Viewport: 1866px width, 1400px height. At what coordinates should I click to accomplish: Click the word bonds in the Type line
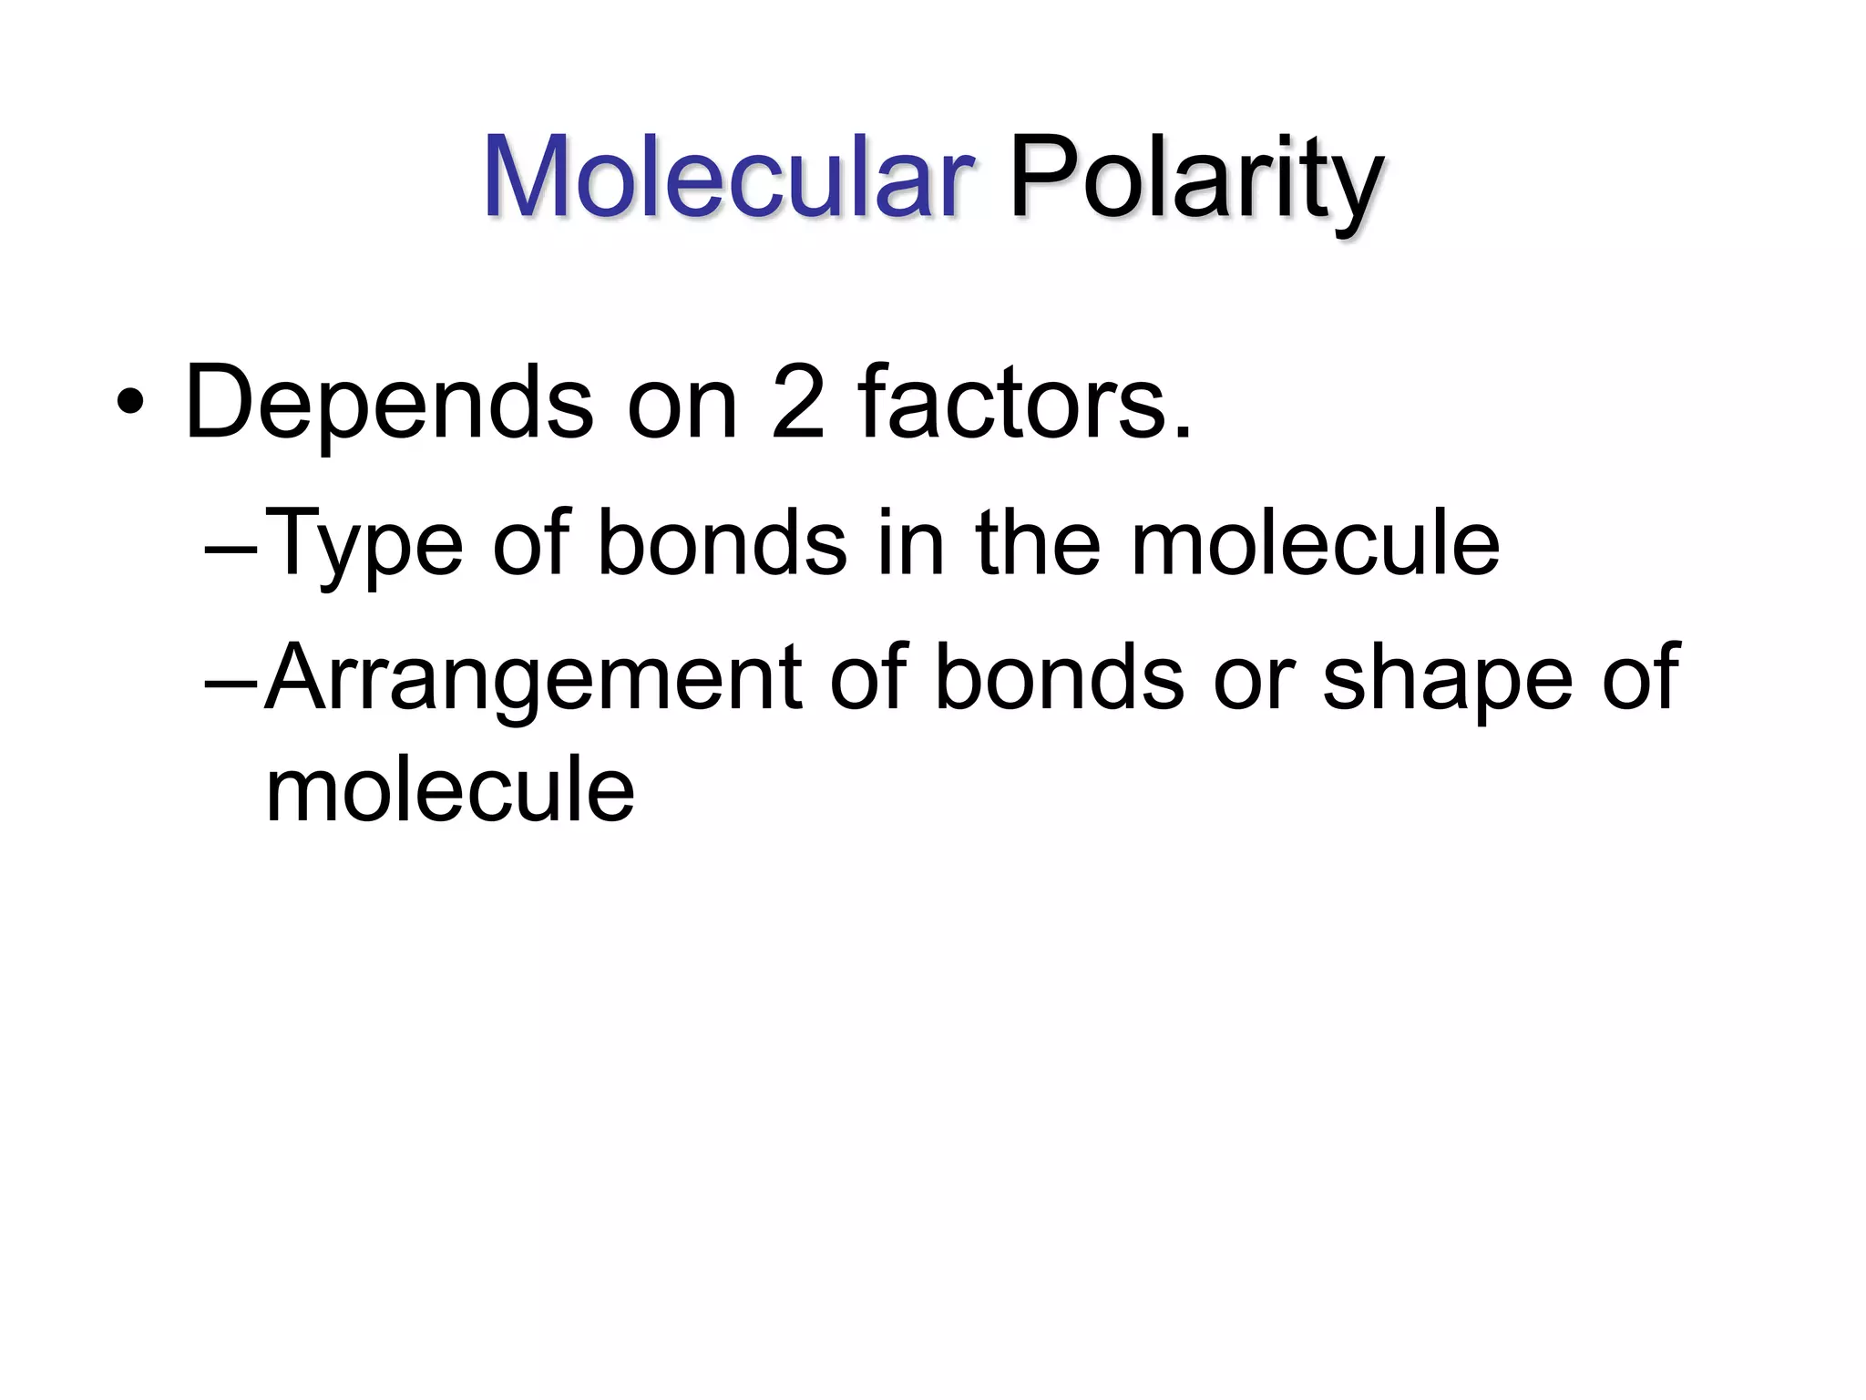(x=722, y=543)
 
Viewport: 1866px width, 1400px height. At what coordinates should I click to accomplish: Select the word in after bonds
(x=910, y=543)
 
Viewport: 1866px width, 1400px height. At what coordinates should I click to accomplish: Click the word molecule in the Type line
(x=1315, y=543)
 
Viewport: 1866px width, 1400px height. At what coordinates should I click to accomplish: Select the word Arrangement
(x=535, y=679)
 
